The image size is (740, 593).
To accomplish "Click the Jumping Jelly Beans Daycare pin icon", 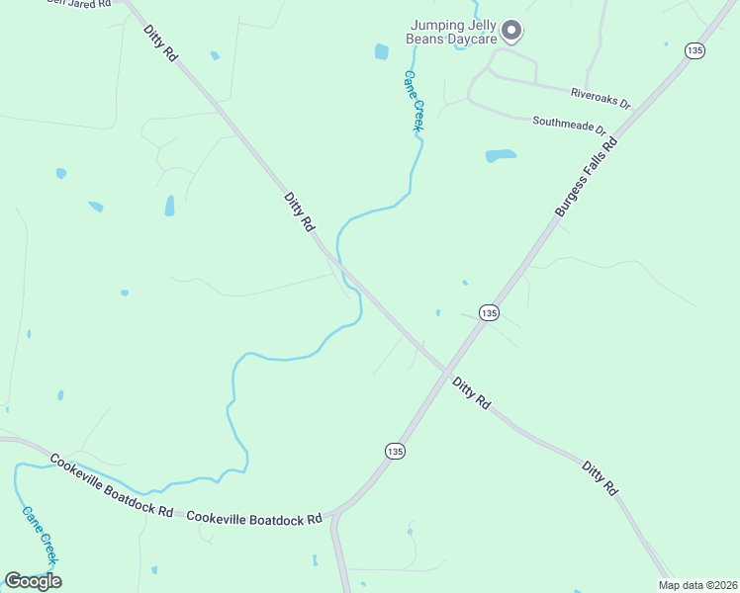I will (511, 31).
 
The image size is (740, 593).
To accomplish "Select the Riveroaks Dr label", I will (601, 98).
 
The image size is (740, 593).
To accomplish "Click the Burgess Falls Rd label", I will (586, 178).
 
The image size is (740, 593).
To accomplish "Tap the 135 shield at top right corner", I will (696, 50).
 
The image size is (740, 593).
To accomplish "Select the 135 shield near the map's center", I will (489, 312).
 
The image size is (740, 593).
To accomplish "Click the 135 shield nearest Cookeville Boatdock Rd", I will (395, 451).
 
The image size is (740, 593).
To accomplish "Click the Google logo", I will (33, 580).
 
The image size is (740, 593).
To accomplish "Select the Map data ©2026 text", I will (696, 585).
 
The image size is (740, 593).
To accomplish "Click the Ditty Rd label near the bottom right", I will (600, 477).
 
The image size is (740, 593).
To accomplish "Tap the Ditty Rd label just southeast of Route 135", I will (471, 392).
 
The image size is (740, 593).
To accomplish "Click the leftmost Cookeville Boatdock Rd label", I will (110, 485).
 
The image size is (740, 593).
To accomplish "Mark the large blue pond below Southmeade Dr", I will (501, 156).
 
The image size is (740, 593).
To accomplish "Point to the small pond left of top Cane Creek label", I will (382, 51).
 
